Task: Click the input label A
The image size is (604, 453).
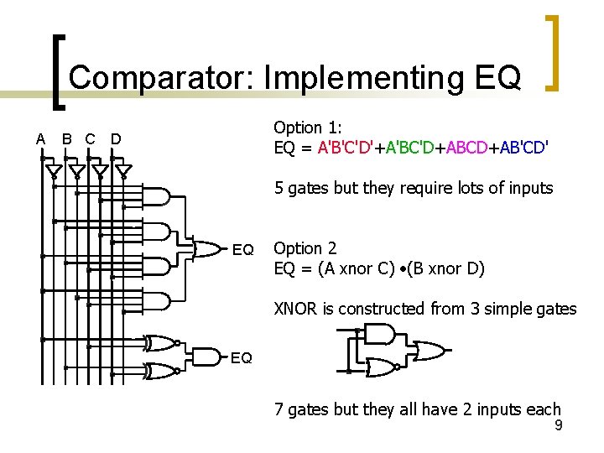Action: tap(40, 138)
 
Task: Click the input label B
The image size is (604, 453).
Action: tap(67, 138)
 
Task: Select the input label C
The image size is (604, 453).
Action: tap(90, 138)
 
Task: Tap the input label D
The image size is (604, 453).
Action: tap(116, 138)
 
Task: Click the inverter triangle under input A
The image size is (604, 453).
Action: tap(53, 173)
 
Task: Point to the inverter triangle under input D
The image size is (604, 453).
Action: tap(123, 173)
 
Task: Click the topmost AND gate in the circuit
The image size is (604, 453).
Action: tap(158, 197)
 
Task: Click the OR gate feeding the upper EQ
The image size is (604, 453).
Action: tap(206, 248)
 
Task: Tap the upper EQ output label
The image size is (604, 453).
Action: tap(242, 250)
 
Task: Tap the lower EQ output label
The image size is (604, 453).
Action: tap(241, 358)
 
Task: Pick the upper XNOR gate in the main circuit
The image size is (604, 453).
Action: tap(160, 343)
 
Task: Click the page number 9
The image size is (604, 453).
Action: tap(558, 426)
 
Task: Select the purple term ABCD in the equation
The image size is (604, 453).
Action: tap(466, 148)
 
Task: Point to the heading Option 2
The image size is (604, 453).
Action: tap(305, 248)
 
